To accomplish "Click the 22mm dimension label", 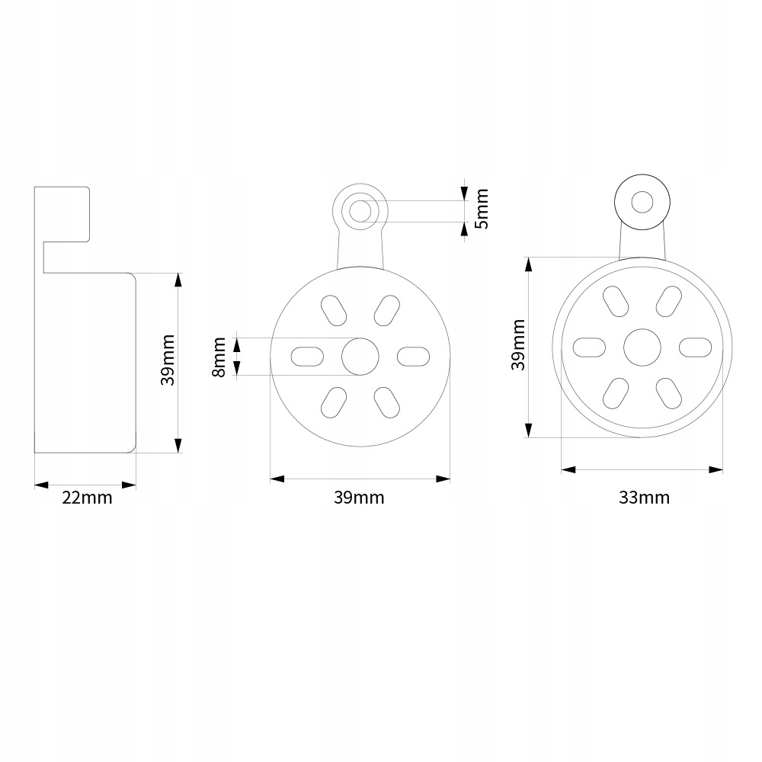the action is [x=86, y=498].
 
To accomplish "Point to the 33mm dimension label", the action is [x=644, y=498].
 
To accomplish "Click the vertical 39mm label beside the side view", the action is [x=168, y=360].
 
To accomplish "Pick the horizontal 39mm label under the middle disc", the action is [x=359, y=498].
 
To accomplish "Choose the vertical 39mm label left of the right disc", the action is [x=518, y=344].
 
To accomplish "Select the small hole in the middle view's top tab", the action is [x=360, y=208].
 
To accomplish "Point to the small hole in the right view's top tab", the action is [x=642, y=202].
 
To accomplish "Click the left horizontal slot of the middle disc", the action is [x=308, y=356].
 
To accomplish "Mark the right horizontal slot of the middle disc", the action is [x=414, y=356].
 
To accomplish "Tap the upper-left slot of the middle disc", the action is [x=333, y=309].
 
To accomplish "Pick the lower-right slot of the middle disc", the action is [x=386, y=402].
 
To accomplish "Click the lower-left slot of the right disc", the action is [x=615, y=392].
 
